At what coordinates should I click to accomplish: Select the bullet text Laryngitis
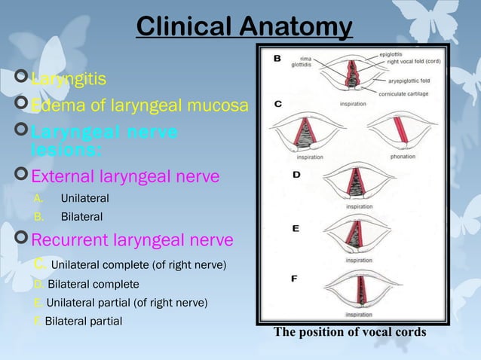tap(68, 78)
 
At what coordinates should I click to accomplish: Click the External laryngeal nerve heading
tap(124, 176)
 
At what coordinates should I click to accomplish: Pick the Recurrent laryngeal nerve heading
tap(131, 240)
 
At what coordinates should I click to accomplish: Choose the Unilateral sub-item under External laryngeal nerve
tap(84, 198)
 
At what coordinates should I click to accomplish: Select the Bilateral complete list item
tap(93, 284)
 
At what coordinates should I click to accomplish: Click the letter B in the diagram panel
tap(277, 58)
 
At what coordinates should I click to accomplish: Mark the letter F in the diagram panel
tap(295, 279)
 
